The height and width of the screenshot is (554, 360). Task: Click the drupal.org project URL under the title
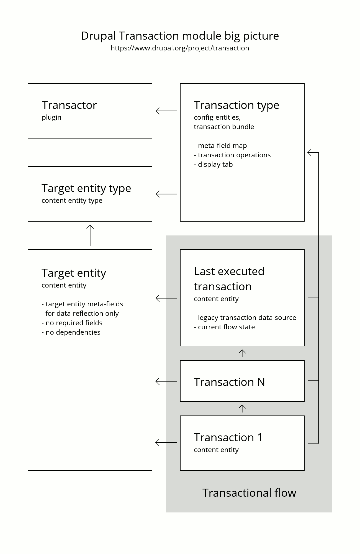point(180,48)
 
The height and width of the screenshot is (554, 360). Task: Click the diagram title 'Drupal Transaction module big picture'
point(180,36)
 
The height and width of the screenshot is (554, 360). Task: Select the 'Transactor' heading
point(69,105)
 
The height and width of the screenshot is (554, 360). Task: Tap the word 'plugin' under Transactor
point(52,117)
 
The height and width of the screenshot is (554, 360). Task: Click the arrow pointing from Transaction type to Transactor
point(166,111)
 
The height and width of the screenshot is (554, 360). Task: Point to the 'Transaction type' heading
point(236,105)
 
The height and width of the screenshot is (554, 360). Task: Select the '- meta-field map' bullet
point(220,145)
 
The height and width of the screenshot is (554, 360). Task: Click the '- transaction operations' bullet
point(232,155)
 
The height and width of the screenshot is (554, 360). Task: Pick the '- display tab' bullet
point(213,164)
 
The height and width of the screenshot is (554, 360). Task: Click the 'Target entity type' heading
point(86,188)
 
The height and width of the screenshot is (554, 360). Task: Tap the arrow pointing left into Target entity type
point(166,194)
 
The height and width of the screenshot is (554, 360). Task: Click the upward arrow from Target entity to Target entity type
point(90,235)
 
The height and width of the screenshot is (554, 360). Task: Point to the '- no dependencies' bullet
point(71,332)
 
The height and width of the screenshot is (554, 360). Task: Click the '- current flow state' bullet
point(224,327)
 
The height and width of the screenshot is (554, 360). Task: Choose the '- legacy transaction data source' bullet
point(245,317)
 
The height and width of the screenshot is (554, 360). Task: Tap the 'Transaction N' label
point(229,382)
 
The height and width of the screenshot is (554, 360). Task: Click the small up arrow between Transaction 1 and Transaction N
point(242,409)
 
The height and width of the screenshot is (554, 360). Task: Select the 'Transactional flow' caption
point(249,493)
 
